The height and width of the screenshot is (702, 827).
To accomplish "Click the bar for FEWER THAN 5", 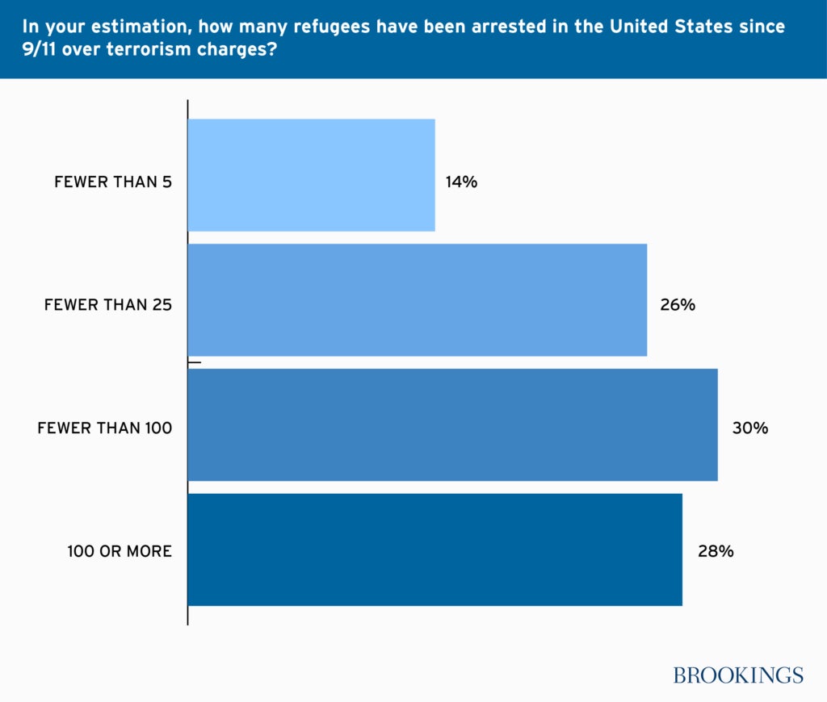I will coord(311,175).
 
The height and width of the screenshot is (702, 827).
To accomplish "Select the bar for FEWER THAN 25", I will coord(417,299).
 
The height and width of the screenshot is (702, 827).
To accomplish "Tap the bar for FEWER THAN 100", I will coord(452,424).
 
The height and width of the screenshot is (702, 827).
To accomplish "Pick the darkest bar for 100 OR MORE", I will coord(434,549).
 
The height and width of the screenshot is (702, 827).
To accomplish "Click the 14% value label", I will coord(461,182).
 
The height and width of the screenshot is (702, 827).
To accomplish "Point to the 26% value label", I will coord(677,306).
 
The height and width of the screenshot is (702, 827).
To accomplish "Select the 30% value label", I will coord(749,428).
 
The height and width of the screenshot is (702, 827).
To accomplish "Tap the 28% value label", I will coord(716,552).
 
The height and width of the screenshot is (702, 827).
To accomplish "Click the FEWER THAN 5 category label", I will coord(113,182).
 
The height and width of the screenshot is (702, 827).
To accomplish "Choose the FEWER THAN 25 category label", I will coord(108,306).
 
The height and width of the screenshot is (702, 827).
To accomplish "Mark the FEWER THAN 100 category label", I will coord(105,428).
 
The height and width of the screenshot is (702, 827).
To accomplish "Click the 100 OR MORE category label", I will coord(120,552).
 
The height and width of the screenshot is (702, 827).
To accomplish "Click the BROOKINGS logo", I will coord(738,675).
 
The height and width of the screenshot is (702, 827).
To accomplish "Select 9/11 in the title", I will coord(40,48).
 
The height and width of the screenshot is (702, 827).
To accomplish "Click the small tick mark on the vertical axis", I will coord(195,363).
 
